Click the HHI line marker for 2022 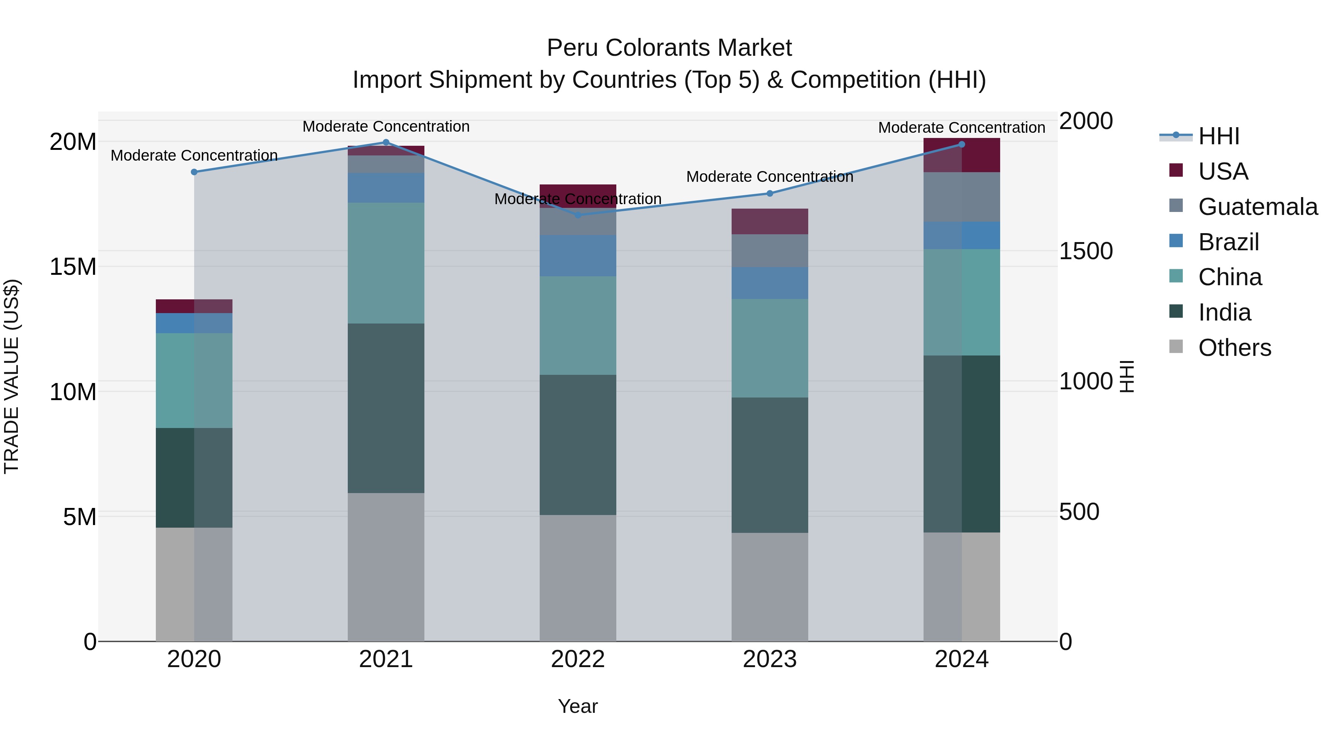pos(578,215)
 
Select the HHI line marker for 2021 pos(386,142)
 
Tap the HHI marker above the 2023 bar pos(770,193)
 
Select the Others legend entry pos(1234,348)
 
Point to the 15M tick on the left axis pos(73,267)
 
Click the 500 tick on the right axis pos(1079,512)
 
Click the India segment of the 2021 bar pos(386,408)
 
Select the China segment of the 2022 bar pos(578,325)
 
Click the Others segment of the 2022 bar pos(578,578)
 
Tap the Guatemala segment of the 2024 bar pos(961,197)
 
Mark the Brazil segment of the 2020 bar pos(194,323)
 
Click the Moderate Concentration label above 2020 pos(194,155)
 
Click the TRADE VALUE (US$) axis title pos(12,377)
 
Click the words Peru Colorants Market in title pos(669,48)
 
